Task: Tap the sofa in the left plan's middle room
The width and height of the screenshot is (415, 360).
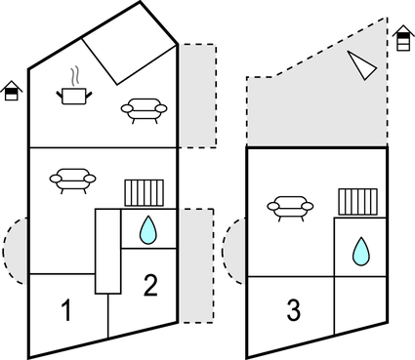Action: [74, 180]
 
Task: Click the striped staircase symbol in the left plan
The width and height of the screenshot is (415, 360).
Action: [143, 192]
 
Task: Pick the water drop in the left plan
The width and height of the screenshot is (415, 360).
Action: [147, 230]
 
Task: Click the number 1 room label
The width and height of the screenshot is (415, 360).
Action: [66, 312]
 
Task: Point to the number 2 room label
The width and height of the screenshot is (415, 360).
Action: [150, 286]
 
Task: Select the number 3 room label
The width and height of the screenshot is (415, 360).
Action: [293, 311]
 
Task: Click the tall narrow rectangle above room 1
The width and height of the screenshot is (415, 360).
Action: [106, 251]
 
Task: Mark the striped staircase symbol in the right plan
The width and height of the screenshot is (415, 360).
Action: [357, 202]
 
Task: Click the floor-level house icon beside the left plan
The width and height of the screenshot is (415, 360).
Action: [11, 91]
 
